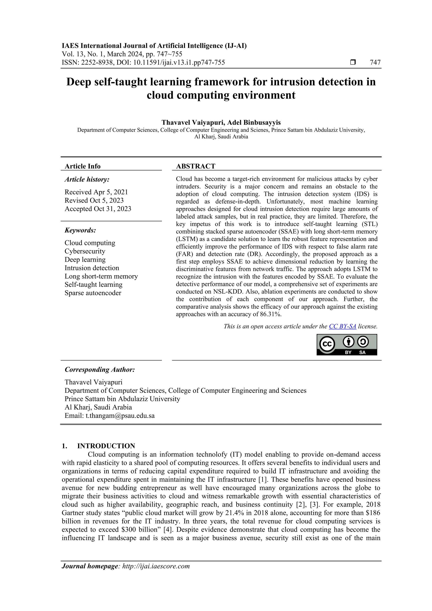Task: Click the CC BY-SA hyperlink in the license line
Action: (x=342, y=326)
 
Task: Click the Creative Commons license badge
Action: (x=347, y=345)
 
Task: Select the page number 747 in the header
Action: (x=375, y=63)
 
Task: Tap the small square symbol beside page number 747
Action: (x=353, y=63)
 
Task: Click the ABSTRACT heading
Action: (x=196, y=166)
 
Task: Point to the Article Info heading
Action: (x=82, y=166)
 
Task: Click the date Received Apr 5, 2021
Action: (x=96, y=192)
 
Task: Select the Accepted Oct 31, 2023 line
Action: (x=98, y=209)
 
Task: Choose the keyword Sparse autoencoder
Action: (x=93, y=293)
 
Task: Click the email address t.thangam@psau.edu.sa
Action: (x=120, y=416)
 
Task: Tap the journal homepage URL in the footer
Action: (x=156, y=573)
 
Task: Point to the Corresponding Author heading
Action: (x=100, y=370)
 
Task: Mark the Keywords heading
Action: (x=80, y=230)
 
